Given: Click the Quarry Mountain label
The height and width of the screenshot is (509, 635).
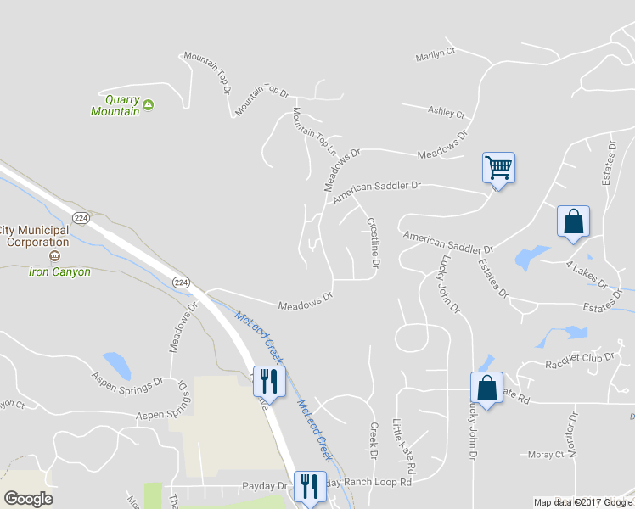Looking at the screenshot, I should (x=115, y=105).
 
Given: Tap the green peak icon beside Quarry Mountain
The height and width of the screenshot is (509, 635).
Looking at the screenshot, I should (x=148, y=104).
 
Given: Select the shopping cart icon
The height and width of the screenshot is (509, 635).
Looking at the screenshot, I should (x=498, y=167).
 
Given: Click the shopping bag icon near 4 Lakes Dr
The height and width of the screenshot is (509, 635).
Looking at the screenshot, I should (x=573, y=221).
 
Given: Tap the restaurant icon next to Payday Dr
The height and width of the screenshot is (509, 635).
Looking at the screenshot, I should (x=309, y=486).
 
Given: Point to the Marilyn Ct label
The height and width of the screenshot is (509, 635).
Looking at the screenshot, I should (x=435, y=56).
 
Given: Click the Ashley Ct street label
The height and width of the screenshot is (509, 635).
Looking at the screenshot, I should (x=447, y=111).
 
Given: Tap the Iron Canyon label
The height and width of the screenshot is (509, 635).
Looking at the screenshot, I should (x=59, y=272).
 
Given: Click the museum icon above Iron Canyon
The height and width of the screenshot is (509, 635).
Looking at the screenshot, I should (x=54, y=255).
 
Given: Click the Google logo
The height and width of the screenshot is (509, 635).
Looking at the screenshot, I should (x=28, y=499).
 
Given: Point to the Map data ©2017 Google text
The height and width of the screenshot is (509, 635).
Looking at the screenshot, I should (x=583, y=502).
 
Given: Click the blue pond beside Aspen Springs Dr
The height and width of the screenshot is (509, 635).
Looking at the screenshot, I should (x=117, y=365).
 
